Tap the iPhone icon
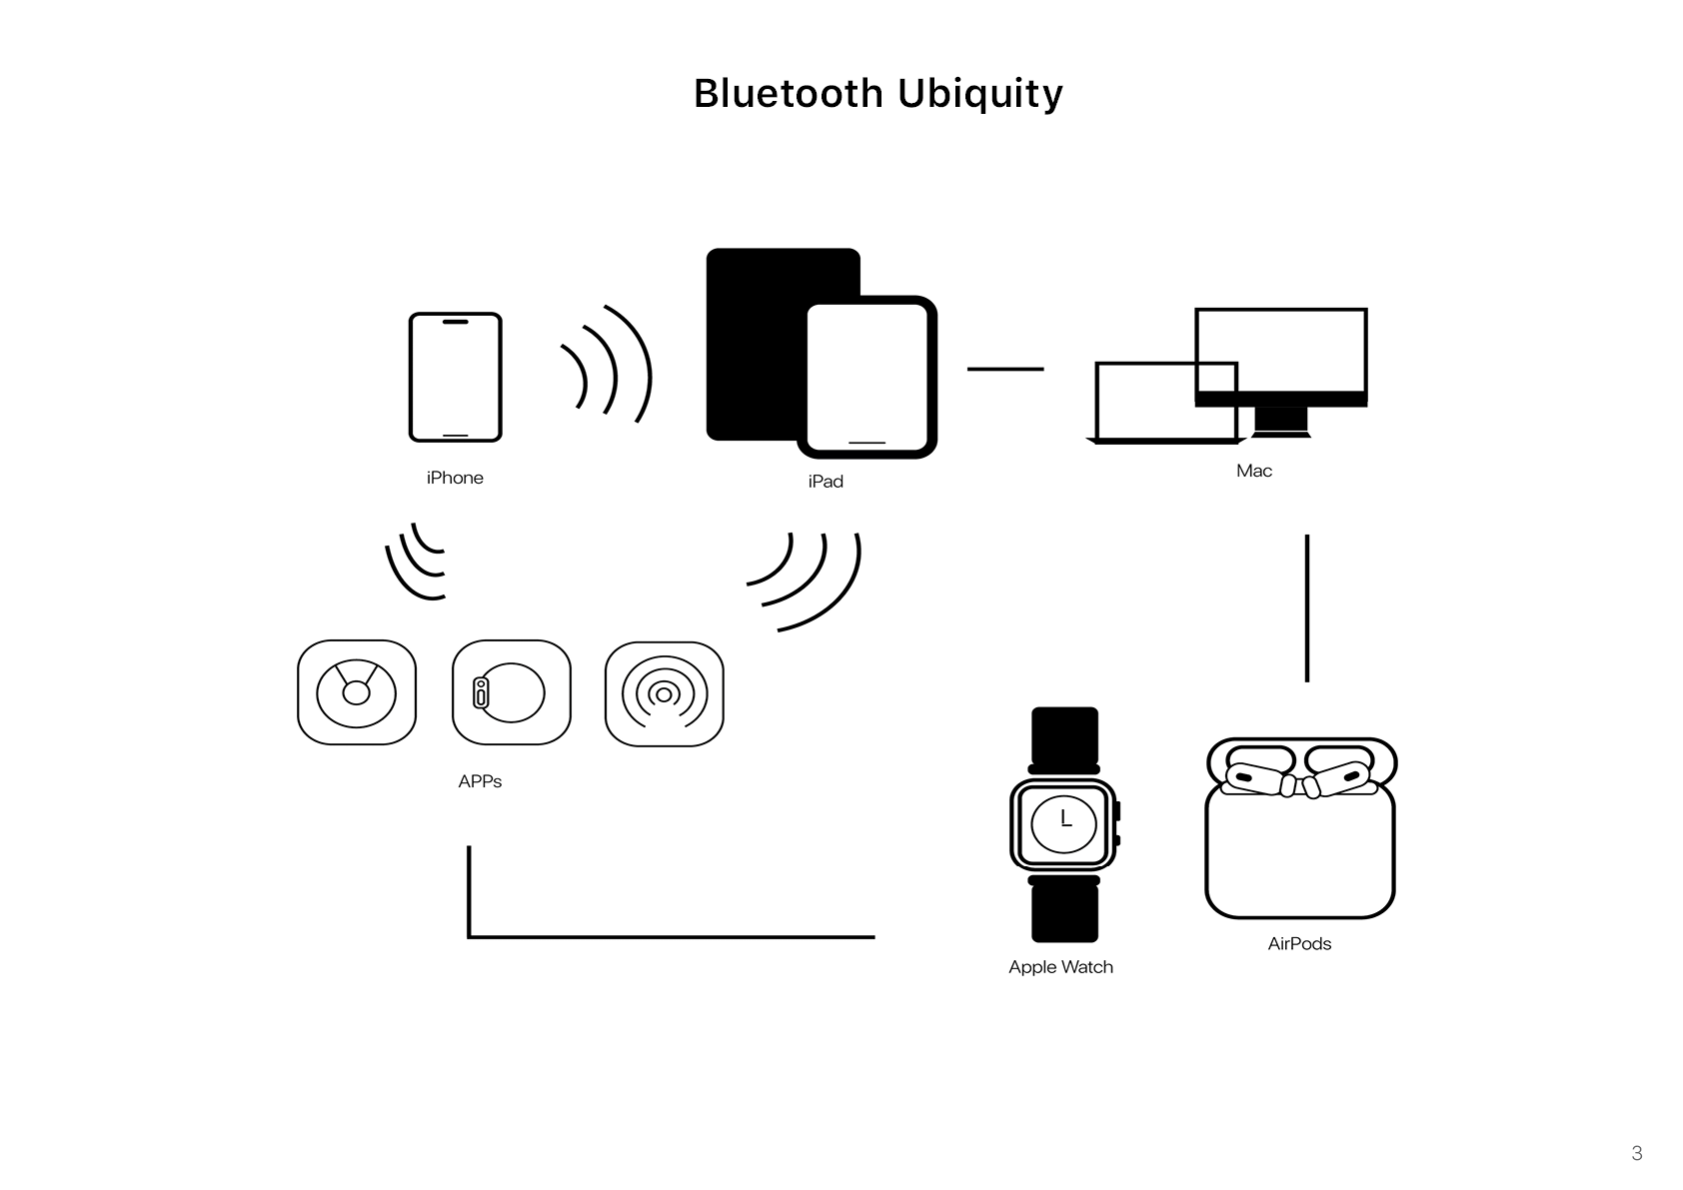coord(456,377)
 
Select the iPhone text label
coord(455,478)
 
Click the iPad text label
coord(826,482)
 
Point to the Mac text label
coord(1254,471)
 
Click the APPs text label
coord(480,781)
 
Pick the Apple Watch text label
coord(1061,967)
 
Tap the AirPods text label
coord(1300,943)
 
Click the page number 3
coord(1637,1153)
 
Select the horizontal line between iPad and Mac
coord(1005,369)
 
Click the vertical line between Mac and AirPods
coord(1307,608)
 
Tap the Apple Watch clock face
coord(1064,823)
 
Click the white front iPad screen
coord(867,377)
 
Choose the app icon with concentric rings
coord(665,694)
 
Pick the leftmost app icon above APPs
coord(357,692)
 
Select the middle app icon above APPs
coord(512,692)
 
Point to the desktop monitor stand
coord(1281,423)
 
